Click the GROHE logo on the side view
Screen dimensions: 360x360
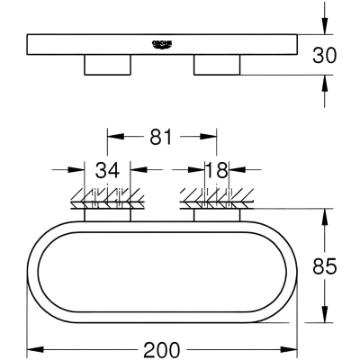point(162,44)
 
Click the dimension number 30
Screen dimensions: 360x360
point(324,56)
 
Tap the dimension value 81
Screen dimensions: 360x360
point(161,137)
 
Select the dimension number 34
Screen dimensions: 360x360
point(107,170)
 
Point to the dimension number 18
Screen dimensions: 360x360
point(217,170)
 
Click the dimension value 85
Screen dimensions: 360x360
point(324,266)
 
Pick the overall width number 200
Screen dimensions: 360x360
point(162,349)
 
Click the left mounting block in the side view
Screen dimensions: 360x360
point(107,65)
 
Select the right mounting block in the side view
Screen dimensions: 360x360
point(217,65)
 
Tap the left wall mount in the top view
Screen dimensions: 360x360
point(107,215)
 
